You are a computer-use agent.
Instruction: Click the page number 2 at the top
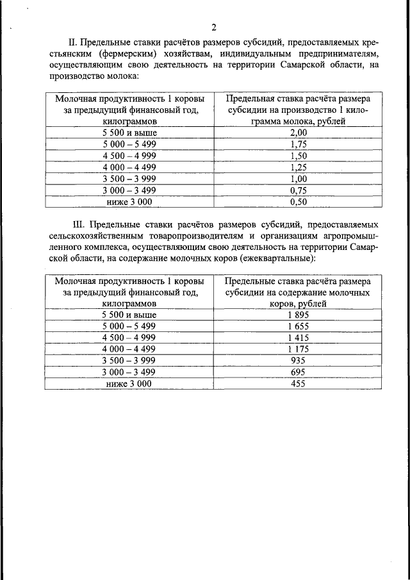click(214, 27)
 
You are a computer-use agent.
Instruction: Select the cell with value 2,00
click(298, 133)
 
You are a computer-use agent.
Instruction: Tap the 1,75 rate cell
click(298, 144)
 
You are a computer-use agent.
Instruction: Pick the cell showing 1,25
click(298, 167)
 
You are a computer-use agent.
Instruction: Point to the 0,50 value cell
click(298, 202)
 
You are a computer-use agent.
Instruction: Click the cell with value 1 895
click(298, 315)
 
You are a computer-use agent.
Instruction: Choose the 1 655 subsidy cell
click(298, 326)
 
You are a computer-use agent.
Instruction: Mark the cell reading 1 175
click(298, 349)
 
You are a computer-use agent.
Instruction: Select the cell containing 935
click(298, 361)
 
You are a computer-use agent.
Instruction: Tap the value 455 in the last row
click(298, 384)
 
